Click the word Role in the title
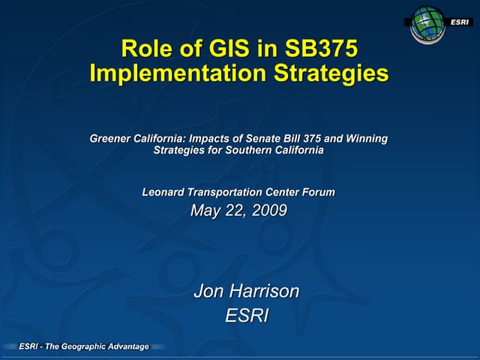[x=146, y=49]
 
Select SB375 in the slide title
[x=322, y=49]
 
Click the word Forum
[x=318, y=193]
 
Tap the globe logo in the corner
[x=428, y=22]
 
